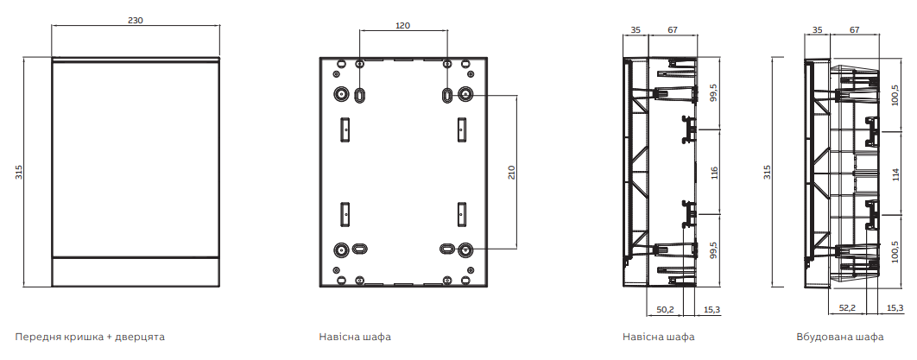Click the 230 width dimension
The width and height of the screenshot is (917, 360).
[x=135, y=20]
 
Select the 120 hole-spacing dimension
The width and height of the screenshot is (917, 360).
[x=403, y=25]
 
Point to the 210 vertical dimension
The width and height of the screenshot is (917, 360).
[x=511, y=172]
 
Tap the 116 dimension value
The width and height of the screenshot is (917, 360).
[x=713, y=173]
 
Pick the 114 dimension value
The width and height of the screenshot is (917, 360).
[x=895, y=175]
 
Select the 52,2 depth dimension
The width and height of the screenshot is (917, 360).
[x=847, y=308]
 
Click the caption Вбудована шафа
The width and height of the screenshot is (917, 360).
[x=840, y=338]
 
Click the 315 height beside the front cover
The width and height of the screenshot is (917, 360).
[x=19, y=172]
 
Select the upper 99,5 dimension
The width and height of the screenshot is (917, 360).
[x=713, y=92]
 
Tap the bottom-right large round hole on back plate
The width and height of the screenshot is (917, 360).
[x=465, y=249]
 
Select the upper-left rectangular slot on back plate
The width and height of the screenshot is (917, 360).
[x=345, y=129]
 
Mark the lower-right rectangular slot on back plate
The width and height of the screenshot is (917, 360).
[x=461, y=214]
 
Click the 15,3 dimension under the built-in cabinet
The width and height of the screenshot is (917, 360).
[x=895, y=308]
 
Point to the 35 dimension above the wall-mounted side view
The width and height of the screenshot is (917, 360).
[x=636, y=30]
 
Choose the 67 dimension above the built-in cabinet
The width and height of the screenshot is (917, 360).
[x=855, y=30]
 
